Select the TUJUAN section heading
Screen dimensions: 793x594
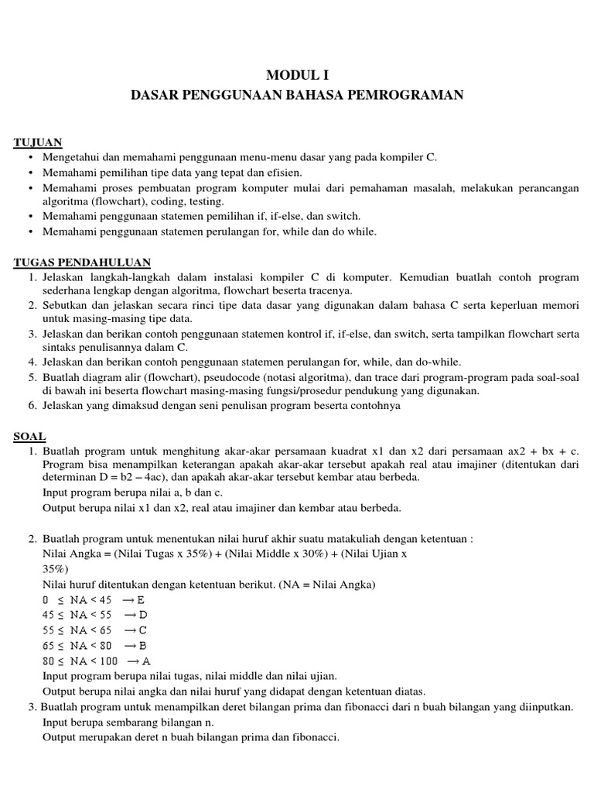point(38,142)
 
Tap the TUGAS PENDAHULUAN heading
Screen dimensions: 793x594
point(82,263)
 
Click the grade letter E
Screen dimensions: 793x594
point(142,600)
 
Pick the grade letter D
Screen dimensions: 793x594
point(142,615)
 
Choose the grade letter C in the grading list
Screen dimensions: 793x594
point(143,630)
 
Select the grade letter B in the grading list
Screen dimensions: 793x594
point(143,646)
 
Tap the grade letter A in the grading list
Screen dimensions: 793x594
point(146,661)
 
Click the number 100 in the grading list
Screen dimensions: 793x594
point(109,661)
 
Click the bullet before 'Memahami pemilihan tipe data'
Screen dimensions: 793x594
point(30,173)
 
